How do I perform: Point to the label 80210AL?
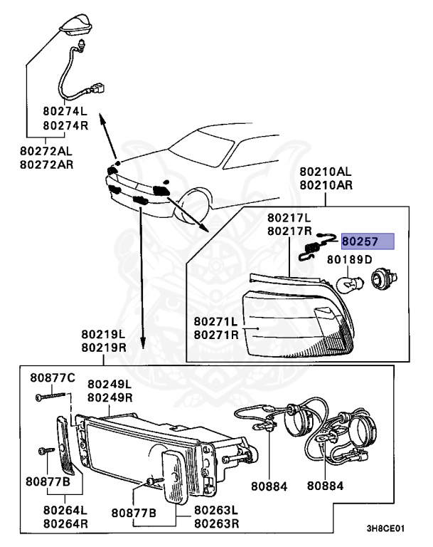(325, 172)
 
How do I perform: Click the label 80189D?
(349, 259)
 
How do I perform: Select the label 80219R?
(104, 348)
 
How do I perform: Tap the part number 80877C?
(51, 377)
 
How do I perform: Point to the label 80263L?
(217, 510)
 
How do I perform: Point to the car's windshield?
(203, 148)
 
